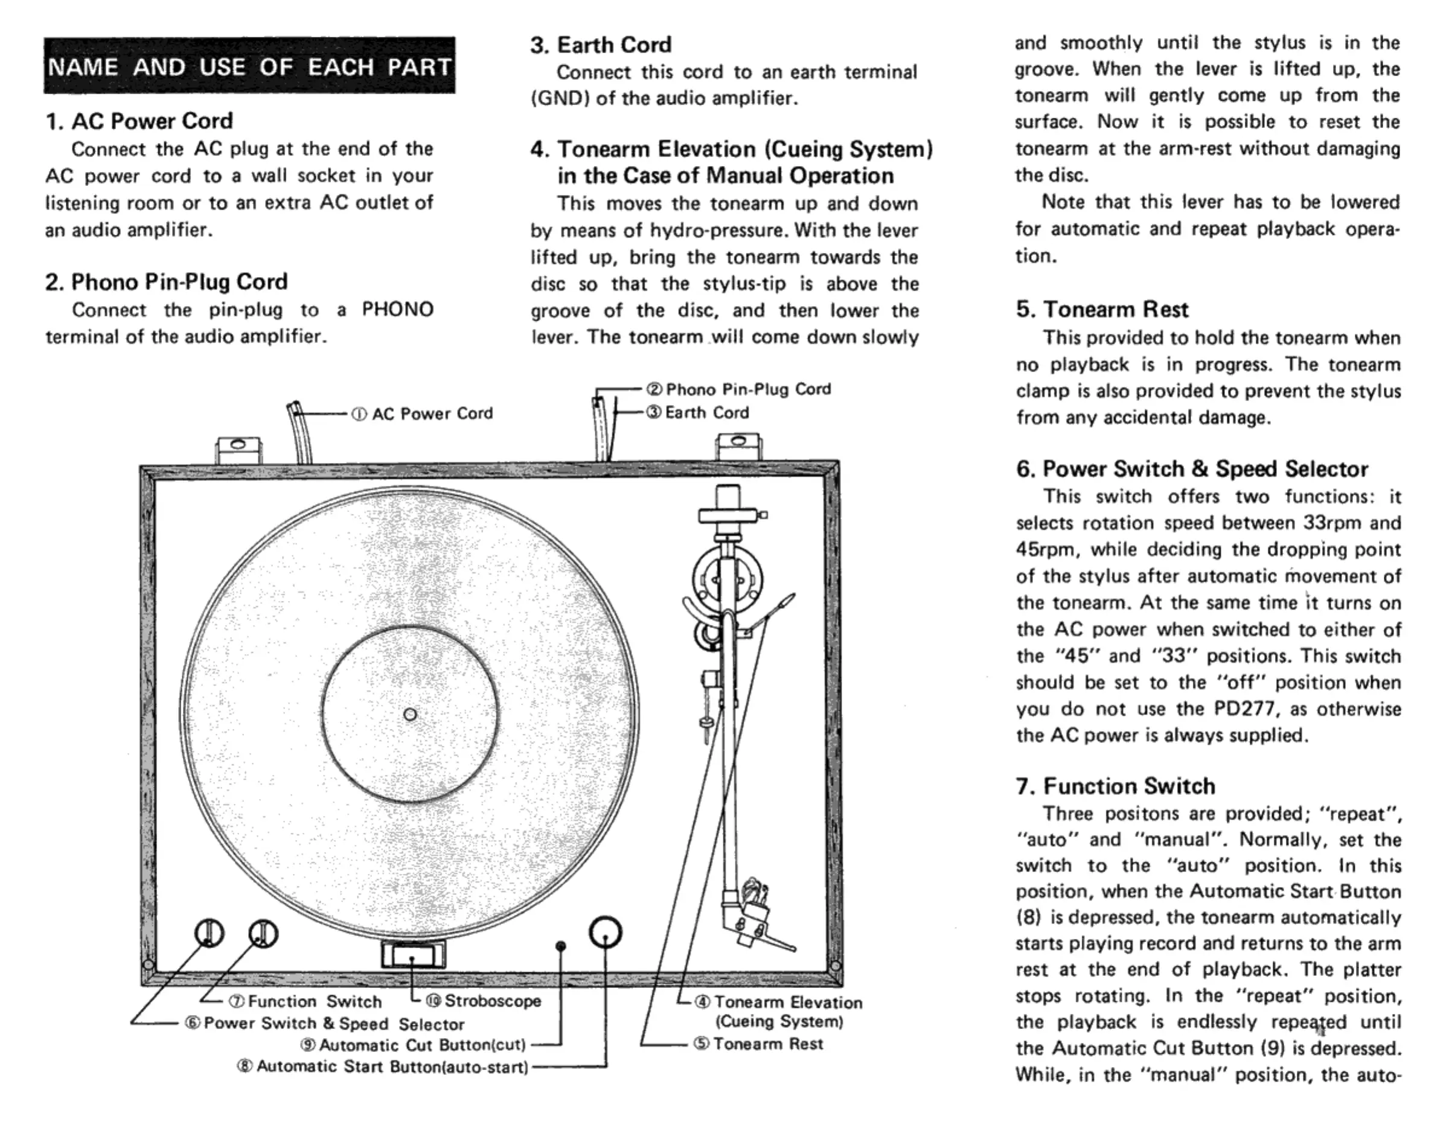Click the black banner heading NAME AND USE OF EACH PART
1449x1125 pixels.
[249, 66]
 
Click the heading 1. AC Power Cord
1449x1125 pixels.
[139, 121]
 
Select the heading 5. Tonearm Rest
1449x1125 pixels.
[1102, 310]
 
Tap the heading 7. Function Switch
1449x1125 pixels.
[1115, 786]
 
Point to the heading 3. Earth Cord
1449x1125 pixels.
[601, 45]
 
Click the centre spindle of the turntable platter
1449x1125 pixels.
[410, 715]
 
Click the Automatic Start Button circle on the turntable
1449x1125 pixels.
[605, 932]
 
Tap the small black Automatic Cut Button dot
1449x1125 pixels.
[561, 946]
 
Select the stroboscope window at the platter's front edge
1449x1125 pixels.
[413, 955]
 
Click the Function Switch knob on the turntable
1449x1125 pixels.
[263, 934]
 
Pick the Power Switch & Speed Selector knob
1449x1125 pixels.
[209, 933]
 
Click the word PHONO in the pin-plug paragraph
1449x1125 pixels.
[397, 310]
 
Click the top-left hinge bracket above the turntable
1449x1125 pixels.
[238, 450]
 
